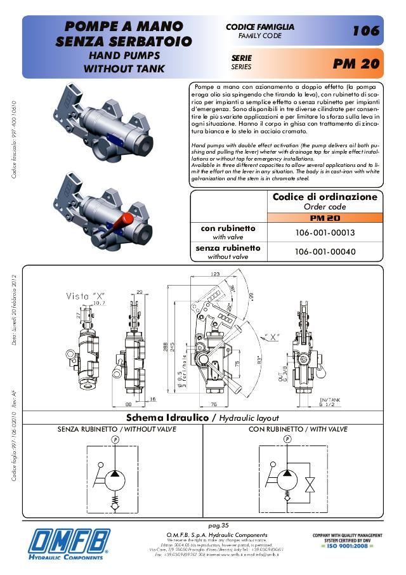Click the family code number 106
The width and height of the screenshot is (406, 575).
coord(366,30)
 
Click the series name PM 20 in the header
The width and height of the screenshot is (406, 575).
coord(355,64)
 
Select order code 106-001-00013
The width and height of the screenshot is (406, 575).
coord(325,233)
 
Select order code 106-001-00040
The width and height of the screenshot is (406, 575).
coord(325,252)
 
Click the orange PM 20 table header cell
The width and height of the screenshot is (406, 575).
coord(325,218)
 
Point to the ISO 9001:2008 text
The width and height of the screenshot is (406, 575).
coord(346,546)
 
